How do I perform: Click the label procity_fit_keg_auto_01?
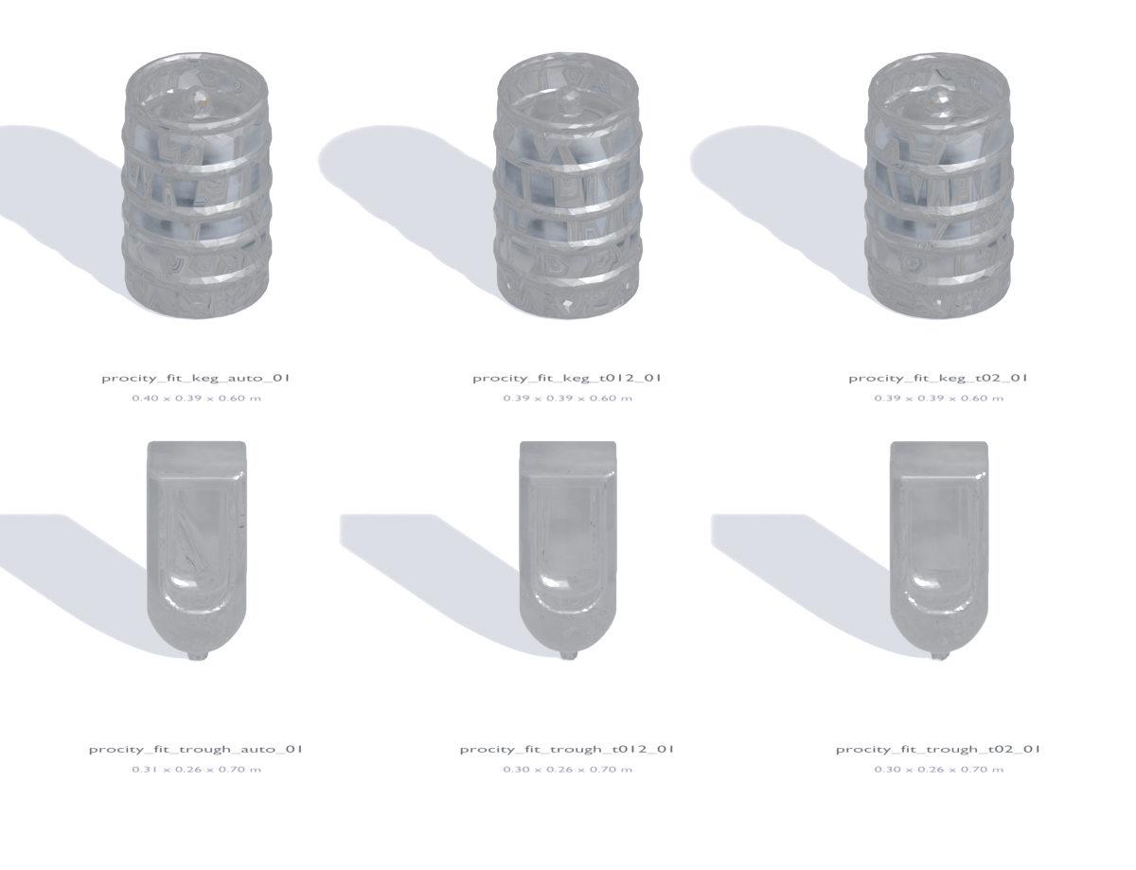[x=196, y=378]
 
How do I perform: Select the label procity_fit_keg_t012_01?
[x=567, y=378]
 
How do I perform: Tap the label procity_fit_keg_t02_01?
[x=938, y=378]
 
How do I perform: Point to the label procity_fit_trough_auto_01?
[x=196, y=749]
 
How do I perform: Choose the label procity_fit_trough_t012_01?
[x=567, y=749]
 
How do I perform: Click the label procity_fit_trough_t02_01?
[x=938, y=749]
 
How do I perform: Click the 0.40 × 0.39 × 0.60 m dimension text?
[x=196, y=399]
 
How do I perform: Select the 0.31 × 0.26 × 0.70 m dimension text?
[x=196, y=770]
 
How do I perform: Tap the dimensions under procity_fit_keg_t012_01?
[x=568, y=399]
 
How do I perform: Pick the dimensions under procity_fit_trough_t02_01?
[x=939, y=770]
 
